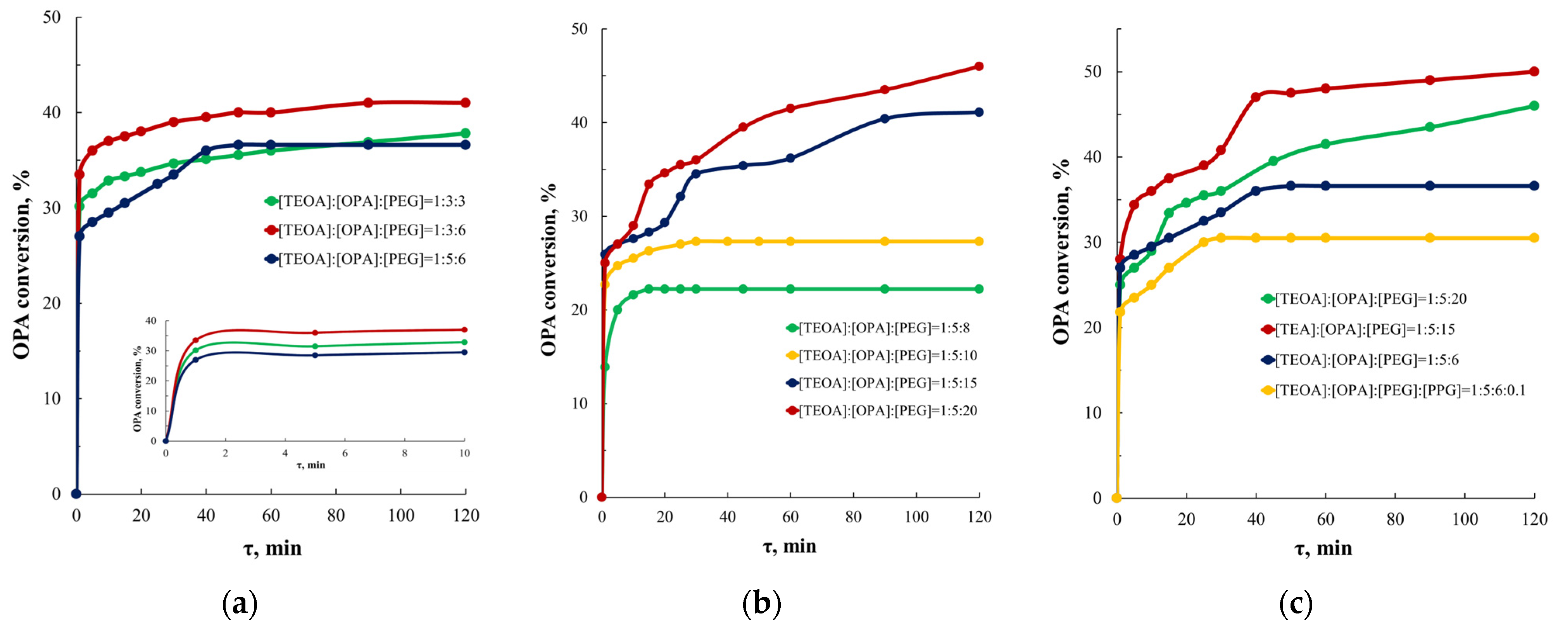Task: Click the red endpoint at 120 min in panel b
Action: [x=978, y=67]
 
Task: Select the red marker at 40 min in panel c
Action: [x=1256, y=97]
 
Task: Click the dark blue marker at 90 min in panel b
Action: [x=884, y=119]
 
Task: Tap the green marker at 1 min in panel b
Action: [x=604, y=366]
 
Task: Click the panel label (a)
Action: [x=240, y=603]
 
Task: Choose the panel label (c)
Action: [x=1296, y=603]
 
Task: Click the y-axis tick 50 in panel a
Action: [x=52, y=17]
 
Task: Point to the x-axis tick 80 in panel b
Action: [x=853, y=517]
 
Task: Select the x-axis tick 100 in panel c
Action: [x=1464, y=519]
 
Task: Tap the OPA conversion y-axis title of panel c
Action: [x=1061, y=253]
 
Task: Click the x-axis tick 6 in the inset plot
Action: [x=345, y=453]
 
